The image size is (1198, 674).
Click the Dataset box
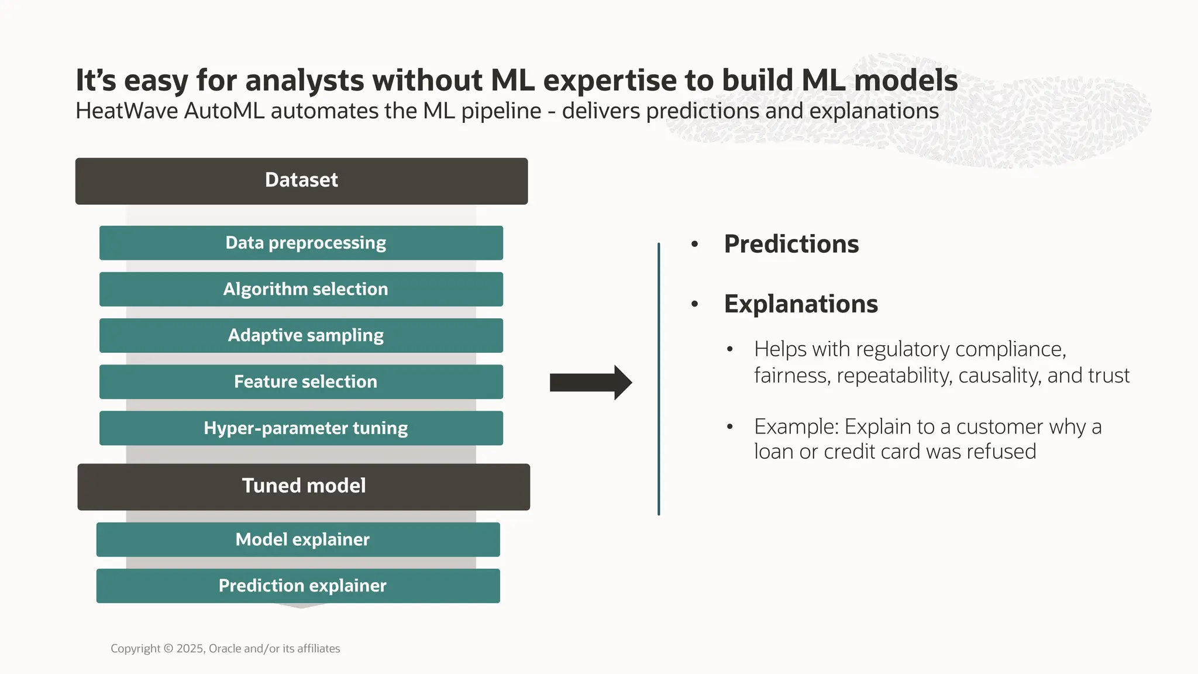tap(301, 181)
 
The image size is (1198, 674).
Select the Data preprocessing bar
tap(301, 243)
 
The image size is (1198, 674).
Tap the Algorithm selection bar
tap(301, 289)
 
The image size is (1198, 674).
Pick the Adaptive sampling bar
tap(301, 335)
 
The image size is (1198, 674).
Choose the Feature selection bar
tap(301, 381)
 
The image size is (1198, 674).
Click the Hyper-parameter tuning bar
tap(301, 428)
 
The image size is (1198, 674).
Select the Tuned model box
tap(304, 487)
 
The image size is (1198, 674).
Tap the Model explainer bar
tap(298, 539)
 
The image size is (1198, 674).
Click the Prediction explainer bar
tap(298, 586)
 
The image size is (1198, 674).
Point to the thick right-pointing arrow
tap(590, 383)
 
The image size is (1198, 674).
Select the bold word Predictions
tap(791, 244)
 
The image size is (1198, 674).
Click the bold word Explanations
tap(800, 304)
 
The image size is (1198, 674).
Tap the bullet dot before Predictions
tap(694, 244)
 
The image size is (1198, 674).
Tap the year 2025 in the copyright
tap(190, 648)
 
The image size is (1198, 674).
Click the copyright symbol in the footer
tap(168, 648)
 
